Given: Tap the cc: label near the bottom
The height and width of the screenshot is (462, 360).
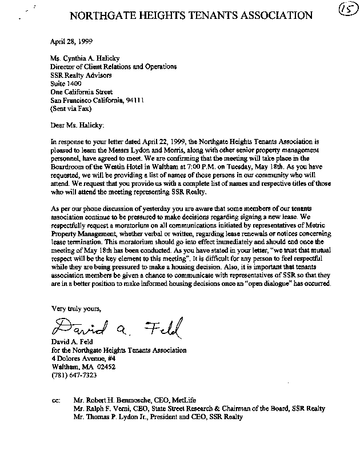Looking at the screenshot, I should point(55,401).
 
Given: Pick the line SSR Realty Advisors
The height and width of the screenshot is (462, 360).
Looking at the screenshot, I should point(81,74).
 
